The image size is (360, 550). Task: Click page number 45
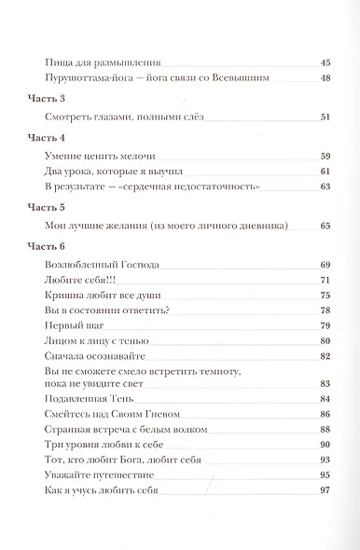pyautogui.click(x=325, y=62)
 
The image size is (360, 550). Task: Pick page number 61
pyautogui.click(x=325, y=172)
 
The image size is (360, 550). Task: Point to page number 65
pyautogui.click(x=325, y=226)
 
